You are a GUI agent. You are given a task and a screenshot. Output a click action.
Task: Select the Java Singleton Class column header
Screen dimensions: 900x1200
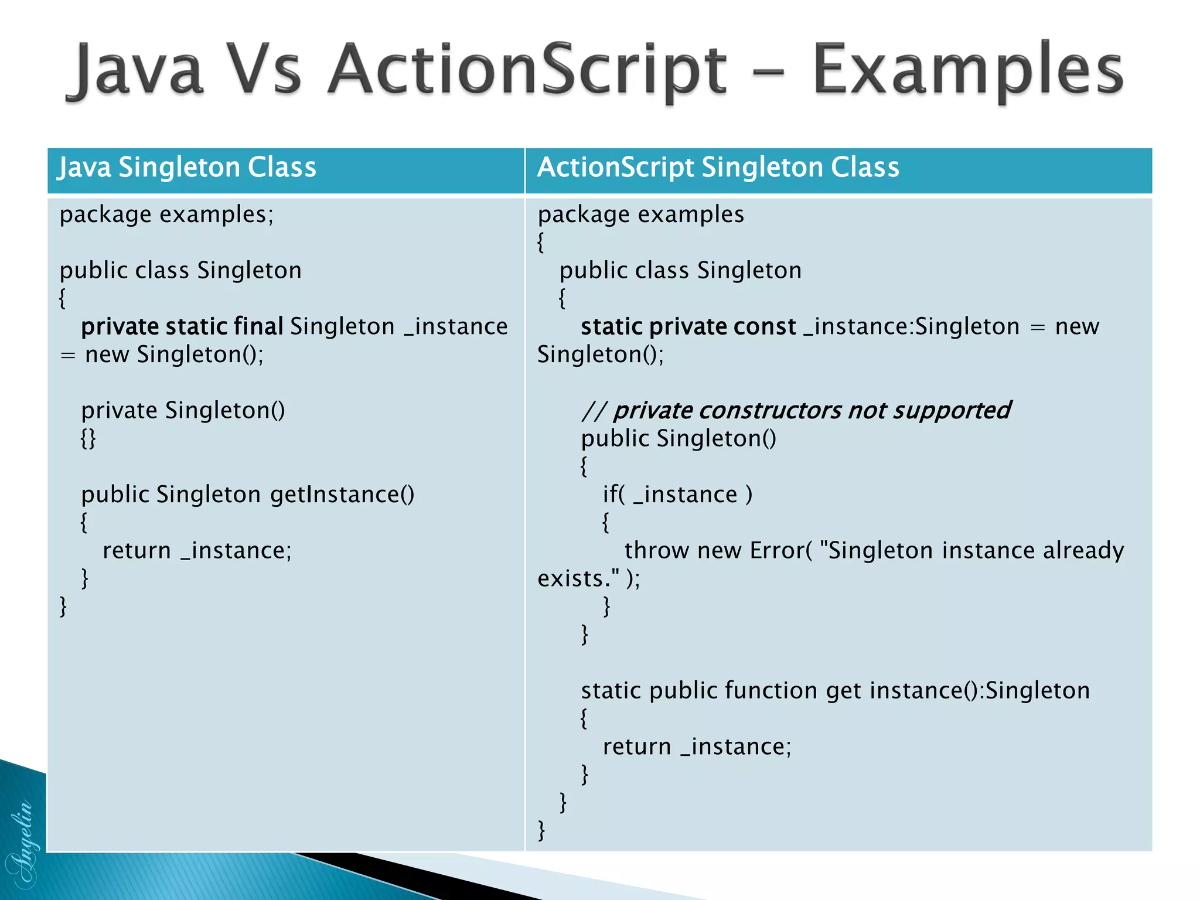[x=186, y=168]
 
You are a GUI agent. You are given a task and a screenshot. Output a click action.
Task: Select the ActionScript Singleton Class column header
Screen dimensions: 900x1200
[x=718, y=168]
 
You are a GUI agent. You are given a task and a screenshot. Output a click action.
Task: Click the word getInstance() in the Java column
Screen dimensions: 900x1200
[x=342, y=495]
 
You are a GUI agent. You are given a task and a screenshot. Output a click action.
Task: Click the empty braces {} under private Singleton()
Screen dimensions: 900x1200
[x=88, y=438]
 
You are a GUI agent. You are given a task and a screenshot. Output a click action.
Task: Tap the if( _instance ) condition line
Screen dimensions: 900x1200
[x=677, y=495]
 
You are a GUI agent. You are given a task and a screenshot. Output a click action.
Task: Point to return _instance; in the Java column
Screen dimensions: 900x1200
[x=197, y=551]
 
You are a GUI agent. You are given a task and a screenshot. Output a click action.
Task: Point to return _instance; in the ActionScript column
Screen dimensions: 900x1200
[x=697, y=747]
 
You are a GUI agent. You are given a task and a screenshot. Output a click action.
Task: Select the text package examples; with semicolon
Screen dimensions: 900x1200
[x=166, y=214]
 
